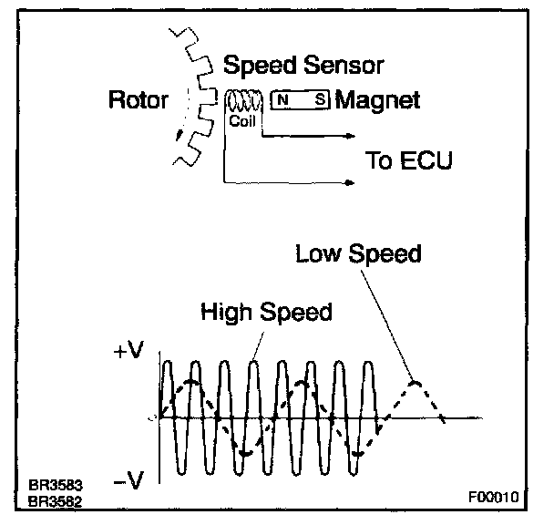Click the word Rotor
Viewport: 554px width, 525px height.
138,99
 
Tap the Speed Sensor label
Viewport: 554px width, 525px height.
303,66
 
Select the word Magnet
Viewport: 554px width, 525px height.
378,99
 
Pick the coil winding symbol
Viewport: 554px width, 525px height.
244,100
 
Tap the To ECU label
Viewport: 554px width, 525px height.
408,161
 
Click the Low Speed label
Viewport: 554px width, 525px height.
358,252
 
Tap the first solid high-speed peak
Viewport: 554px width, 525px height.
166,363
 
